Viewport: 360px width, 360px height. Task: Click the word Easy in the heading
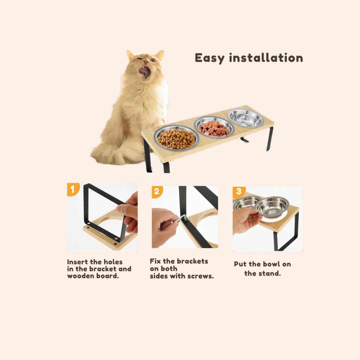coord(209,58)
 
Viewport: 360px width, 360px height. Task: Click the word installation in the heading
coord(266,58)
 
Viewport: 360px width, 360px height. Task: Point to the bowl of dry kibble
coord(176,138)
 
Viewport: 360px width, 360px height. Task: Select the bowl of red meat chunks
coord(214,127)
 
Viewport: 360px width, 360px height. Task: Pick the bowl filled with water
coord(246,118)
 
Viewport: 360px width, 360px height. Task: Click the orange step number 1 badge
coord(73,189)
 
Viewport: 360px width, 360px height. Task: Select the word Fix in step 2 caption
coord(155,261)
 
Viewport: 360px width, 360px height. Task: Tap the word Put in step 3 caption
coord(240,264)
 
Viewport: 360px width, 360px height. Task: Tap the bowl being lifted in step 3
coord(272,206)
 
